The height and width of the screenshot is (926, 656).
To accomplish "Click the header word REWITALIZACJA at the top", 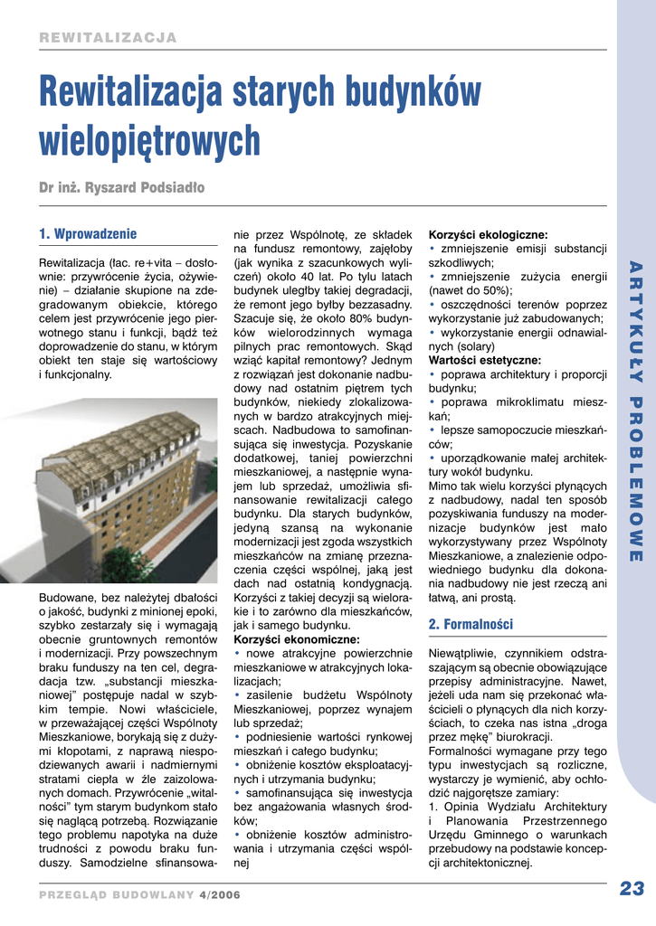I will tap(108, 38).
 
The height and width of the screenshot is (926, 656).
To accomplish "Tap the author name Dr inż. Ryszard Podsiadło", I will tap(122, 188).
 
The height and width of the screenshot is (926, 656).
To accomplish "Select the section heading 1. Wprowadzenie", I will tap(88, 233).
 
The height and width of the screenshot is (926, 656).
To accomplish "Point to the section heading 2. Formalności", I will tap(471, 624).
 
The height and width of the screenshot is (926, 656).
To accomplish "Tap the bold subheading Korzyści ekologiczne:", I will tap(488, 233).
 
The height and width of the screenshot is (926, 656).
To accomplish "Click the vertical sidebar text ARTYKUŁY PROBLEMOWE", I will tap(635, 411).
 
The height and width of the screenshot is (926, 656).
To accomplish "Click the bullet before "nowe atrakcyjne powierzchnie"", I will tap(237, 653).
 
